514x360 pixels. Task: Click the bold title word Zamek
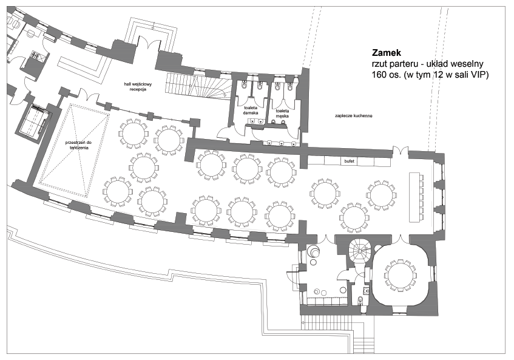pos(387,52)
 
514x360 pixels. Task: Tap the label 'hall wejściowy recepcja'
pos(138,87)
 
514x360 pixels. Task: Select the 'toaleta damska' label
pos(251,110)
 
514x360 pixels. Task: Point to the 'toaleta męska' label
pos(282,113)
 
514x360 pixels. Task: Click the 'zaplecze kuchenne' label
pos(353,116)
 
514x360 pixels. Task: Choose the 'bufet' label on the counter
pos(350,161)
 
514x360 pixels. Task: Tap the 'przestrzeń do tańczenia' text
pos(79,145)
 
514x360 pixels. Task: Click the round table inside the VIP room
pos(400,276)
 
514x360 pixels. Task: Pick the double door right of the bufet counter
pos(401,152)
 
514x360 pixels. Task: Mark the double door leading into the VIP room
pos(401,239)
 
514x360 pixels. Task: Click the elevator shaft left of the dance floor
pos(33,121)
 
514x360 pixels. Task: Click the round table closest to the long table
pos(381,195)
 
